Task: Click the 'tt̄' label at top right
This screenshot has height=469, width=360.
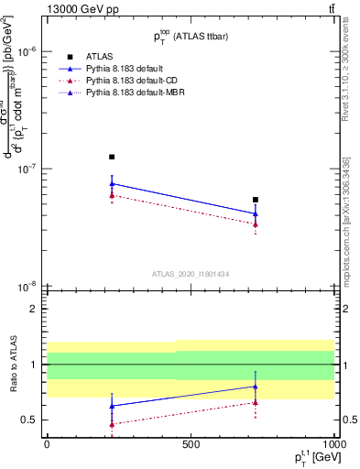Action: tap(329, 8)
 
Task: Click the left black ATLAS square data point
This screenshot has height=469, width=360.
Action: tap(112, 157)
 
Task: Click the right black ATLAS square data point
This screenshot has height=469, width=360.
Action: tap(256, 200)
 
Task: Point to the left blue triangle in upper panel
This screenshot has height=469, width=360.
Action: tap(112, 183)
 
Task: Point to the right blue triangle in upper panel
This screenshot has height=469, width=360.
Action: tap(256, 213)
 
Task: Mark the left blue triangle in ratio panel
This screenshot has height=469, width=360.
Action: tap(112, 406)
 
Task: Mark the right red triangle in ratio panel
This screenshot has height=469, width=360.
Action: tap(256, 402)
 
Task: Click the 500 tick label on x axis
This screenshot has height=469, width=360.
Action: tap(191, 444)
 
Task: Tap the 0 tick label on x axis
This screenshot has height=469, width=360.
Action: tap(47, 444)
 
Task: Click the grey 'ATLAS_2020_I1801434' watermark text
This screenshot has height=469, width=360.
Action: tap(190, 274)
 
